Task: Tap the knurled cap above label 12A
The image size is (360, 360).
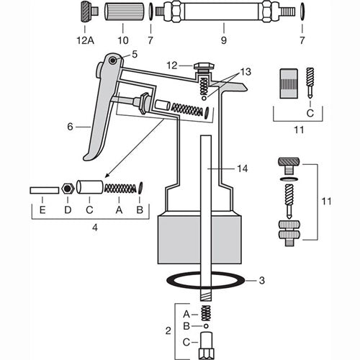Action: tap(87, 12)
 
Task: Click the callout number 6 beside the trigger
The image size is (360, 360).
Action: tap(69, 126)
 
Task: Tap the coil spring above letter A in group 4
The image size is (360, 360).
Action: tap(120, 189)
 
